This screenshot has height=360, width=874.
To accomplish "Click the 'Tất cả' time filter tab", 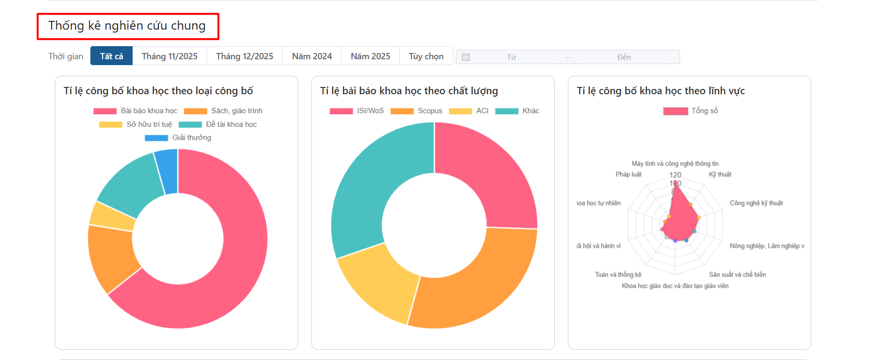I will (111, 56).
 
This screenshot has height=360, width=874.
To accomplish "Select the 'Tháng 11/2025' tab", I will (170, 56).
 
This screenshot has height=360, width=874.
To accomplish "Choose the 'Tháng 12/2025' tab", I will (244, 56).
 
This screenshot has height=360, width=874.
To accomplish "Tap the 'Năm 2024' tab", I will (312, 56).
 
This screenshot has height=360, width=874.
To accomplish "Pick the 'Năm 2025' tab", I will (370, 56).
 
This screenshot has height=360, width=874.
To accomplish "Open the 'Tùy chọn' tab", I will (426, 56).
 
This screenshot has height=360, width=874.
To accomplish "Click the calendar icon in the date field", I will (465, 57).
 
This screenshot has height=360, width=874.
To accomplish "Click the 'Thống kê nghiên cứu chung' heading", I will (127, 26).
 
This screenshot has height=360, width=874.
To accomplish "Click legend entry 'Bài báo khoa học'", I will (136, 111).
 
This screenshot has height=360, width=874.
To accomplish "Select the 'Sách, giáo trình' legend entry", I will (223, 111).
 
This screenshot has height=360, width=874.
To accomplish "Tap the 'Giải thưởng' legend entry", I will (178, 137).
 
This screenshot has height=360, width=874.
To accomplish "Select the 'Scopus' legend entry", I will (416, 111).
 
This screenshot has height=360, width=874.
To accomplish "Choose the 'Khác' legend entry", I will (517, 111).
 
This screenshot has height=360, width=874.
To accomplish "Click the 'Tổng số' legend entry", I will (690, 111).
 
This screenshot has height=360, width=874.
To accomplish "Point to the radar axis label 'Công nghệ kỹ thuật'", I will (756, 203).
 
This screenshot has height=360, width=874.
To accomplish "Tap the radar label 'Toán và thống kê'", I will (618, 274).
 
